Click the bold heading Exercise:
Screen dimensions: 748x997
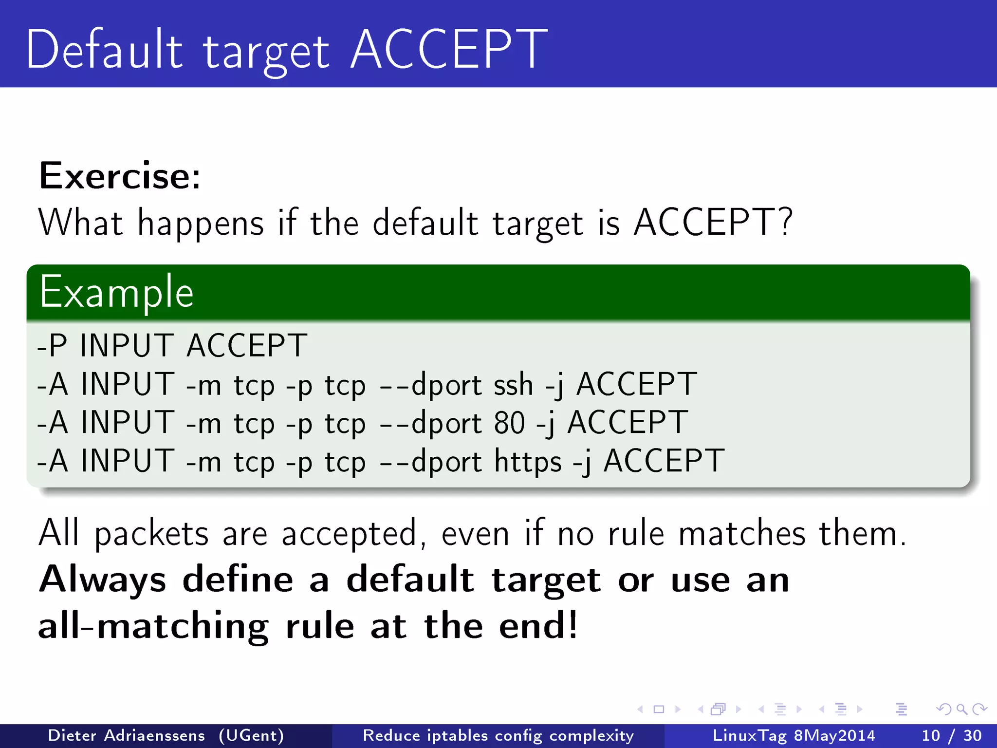(120, 176)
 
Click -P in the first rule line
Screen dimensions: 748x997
(52, 346)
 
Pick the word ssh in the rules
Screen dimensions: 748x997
(514, 385)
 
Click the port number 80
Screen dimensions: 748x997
(509, 423)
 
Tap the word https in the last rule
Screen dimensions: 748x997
(528, 461)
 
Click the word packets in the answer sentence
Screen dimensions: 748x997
(151, 534)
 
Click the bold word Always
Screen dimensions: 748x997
(103, 580)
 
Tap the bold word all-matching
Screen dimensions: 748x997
(153, 626)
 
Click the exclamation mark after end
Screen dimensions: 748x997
(572, 625)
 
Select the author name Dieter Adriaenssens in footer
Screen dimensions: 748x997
(127, 735)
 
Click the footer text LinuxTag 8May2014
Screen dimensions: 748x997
(794, 735)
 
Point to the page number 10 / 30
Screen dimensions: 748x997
(952, 735)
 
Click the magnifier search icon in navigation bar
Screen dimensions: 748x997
(961, 709)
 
